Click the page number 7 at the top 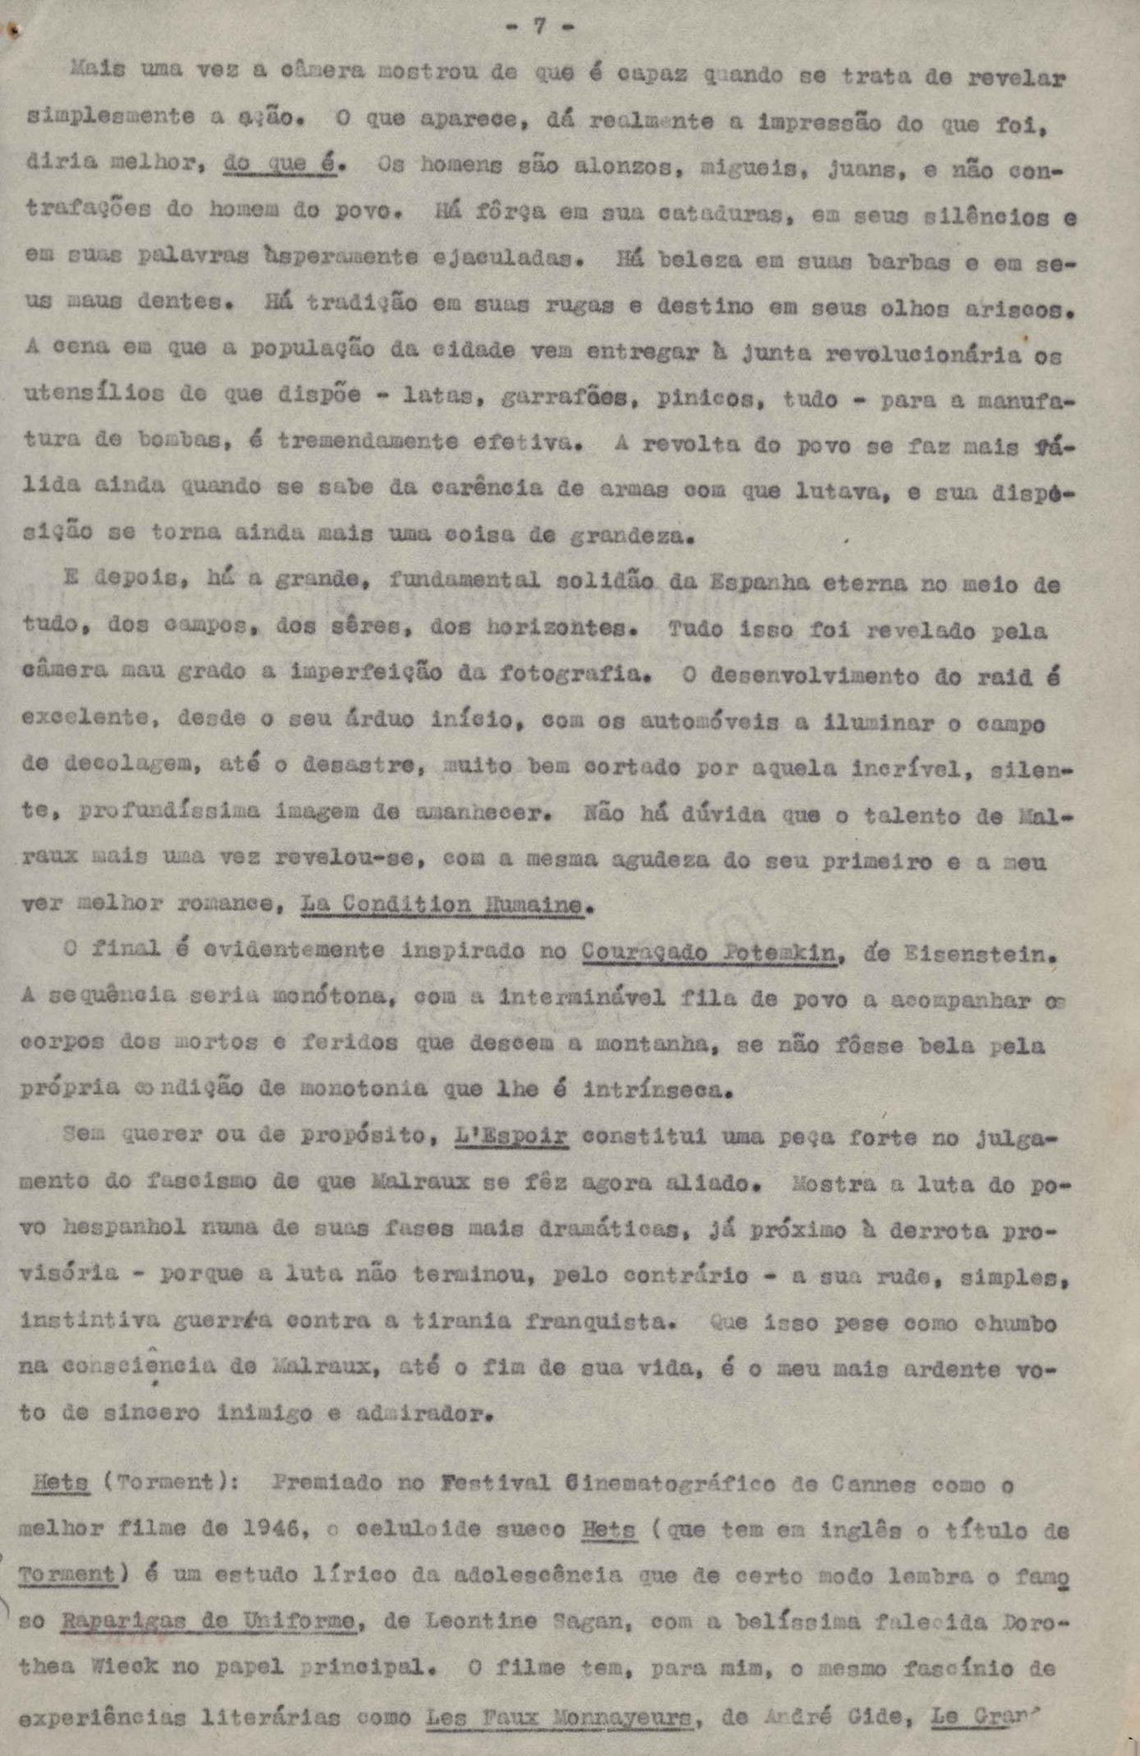tap(539, 26)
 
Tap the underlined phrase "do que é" tap(279, 164)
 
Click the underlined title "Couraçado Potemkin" tap(710, 953)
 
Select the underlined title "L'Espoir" tap(511, 1135)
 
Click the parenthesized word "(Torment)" tap(170, 1483)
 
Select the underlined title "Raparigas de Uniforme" tap(208, 1620)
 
